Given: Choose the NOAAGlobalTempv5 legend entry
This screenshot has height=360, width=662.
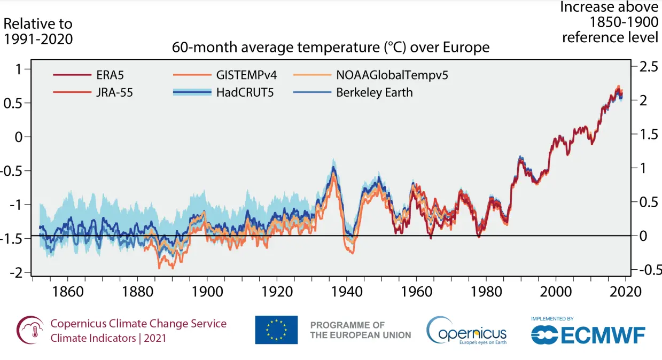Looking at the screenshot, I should (392, 75).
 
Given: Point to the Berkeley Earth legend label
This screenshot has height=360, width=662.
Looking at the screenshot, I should (374, 92).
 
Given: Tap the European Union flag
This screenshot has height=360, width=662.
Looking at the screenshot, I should (276, 330).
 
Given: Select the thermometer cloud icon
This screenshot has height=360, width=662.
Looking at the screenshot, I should (29, 330).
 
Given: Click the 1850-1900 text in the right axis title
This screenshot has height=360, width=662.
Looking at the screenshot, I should (624, 22).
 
